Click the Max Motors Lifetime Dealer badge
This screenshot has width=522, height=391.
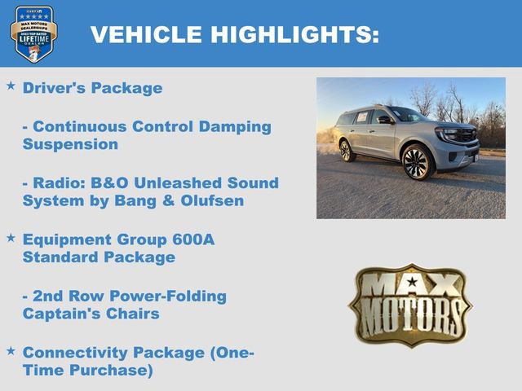[x=33, y=33]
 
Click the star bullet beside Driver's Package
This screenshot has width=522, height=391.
[x=11, y=86]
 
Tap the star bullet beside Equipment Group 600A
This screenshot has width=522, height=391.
[x=11, y=238]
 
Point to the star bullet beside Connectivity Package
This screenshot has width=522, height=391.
[x=11, y=350]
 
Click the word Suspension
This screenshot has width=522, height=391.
[x=70, y=144]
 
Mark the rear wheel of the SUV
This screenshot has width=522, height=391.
[x=347, y=151]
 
